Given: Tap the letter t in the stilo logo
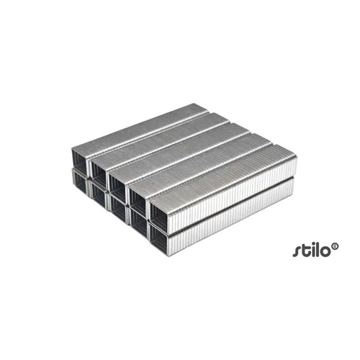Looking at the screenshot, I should pos(303,250).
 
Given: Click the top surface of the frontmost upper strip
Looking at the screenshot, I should pos(223,170).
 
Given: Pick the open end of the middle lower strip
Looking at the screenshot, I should pos(120,204).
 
